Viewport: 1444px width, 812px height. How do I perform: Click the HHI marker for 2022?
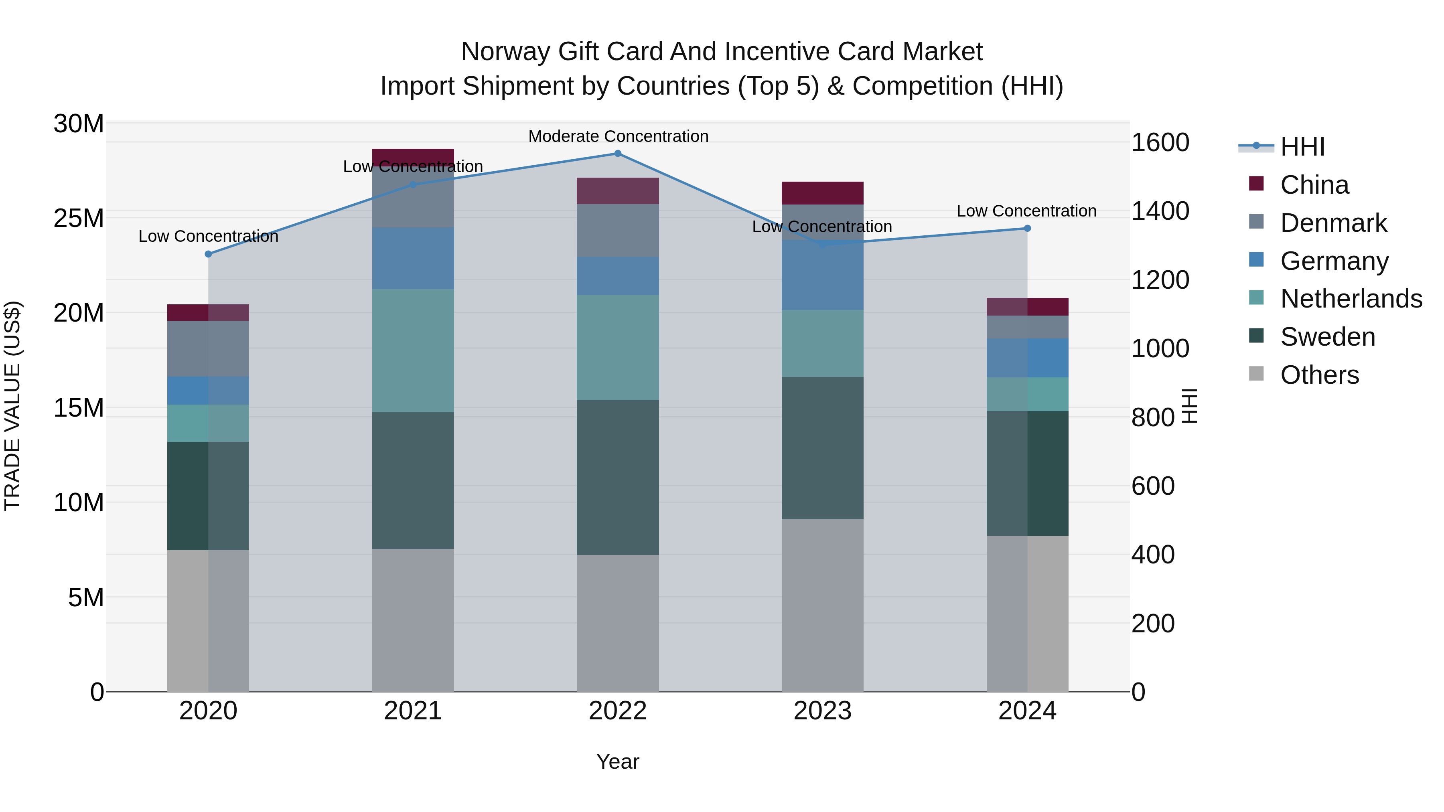618,154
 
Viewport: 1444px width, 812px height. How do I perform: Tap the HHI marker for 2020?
209,254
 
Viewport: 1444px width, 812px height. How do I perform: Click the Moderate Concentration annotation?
618,136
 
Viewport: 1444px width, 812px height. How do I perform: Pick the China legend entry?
1314,185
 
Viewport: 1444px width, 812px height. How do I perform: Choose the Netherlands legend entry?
1351,299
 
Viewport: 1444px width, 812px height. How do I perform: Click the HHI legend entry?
1302,147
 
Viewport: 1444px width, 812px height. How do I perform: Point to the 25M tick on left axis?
79,218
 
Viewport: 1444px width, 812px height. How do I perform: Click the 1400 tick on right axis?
1160,211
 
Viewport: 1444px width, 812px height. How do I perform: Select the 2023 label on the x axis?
822,711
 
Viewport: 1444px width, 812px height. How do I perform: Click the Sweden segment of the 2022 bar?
618,478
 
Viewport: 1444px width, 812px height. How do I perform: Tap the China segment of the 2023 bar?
822,193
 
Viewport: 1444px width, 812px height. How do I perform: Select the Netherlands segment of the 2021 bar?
413,351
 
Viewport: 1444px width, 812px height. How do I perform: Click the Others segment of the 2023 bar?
822,605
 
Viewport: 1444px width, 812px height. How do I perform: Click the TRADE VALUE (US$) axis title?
12,406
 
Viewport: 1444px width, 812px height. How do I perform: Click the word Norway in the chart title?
506,52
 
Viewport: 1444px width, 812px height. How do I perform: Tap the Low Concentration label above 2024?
1026,211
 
